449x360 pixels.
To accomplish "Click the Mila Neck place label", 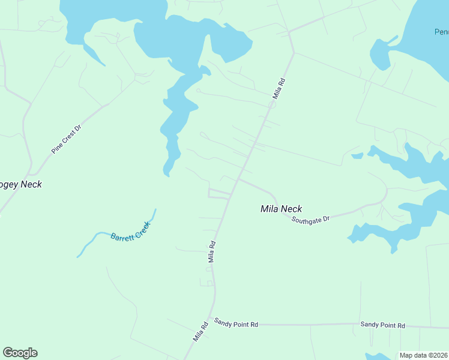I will click(x=281, y=209).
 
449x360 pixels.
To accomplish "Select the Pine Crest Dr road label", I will click(x=65, y=139).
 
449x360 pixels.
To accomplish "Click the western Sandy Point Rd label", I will click(x=236, y=324).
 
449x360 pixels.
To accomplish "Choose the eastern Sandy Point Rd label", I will click(x=382, y=325).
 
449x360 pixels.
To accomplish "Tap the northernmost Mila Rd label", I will click(x=277, y=88).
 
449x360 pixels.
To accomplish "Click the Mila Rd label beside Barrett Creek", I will click(x=211, y=252).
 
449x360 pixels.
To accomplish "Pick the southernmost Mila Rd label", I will click(x=200, y=332).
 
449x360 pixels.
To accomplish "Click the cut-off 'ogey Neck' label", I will click(x=21, y=184).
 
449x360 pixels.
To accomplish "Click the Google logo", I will click(x=20, y=353).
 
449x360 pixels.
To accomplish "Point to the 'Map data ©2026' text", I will click(x=424, y=355).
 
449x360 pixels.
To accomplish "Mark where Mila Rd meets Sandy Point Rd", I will click(x=209, y=319).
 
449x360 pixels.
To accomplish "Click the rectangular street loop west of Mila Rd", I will click(x=219, y=193).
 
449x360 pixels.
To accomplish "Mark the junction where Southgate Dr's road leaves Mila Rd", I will click(x=238, y=178).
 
